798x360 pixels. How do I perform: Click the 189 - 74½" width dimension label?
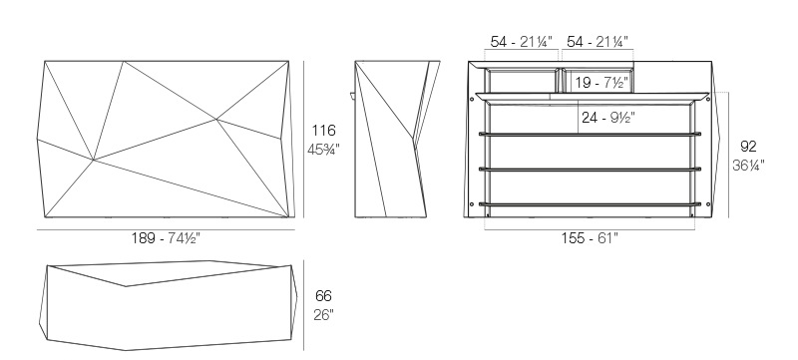[x=166, y=238]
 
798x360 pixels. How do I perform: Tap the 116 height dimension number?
[x=323, y=131]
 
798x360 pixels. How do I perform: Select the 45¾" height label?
[x=323, y=150]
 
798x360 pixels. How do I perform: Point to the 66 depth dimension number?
[x=323, y=295]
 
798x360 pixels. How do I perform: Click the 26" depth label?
[x=323, y=315]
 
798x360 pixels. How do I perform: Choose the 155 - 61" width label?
[x=590, y=238]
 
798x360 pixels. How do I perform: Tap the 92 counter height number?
[x=748, y=147]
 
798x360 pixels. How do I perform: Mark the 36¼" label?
[x=748, y=166]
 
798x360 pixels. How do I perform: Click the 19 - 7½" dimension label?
[x=601, y=83]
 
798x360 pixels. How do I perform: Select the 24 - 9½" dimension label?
[x=608, y=118]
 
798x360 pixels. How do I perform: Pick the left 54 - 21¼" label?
[x=521, y=42]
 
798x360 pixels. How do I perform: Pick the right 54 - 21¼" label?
[x=598, y=42]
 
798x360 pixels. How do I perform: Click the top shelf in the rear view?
[x=590, y=135]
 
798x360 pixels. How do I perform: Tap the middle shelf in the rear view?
[x=590, y=170]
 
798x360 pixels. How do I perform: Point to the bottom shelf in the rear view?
[x=590, y=204]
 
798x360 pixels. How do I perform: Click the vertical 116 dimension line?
[x=304, y=140]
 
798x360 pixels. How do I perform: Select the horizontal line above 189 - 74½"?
[x=166, y=229]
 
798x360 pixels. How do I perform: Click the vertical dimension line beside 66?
[x=304, y=305]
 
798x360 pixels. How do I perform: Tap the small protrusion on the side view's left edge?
[x=353, y=95]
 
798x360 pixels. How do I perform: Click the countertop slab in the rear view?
[x=592, y=95]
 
